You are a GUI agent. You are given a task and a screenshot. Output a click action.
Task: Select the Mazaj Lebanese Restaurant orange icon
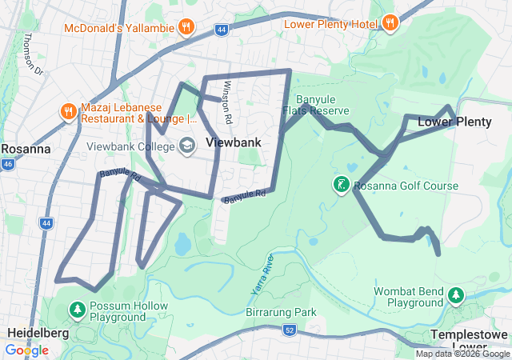coord(67,112)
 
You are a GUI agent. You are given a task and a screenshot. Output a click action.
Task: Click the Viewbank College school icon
coord(187,146)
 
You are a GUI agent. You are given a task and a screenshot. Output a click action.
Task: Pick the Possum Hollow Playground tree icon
coord(78,308)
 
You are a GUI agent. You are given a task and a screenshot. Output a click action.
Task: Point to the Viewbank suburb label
coord(233,142)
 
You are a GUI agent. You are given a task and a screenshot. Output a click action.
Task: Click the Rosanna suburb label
coord(26,149)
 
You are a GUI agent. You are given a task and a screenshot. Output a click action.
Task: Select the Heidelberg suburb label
coord(38,332)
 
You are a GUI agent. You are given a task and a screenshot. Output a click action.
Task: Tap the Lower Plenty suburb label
coord(454,122)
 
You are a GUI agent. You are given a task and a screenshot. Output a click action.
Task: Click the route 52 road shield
coord(290,329)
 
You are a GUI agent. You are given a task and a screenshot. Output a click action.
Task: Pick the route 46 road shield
coord(8,164)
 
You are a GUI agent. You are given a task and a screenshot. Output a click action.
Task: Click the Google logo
coord(26,350)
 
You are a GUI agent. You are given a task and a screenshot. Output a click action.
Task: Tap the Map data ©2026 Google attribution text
coord(462,354)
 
